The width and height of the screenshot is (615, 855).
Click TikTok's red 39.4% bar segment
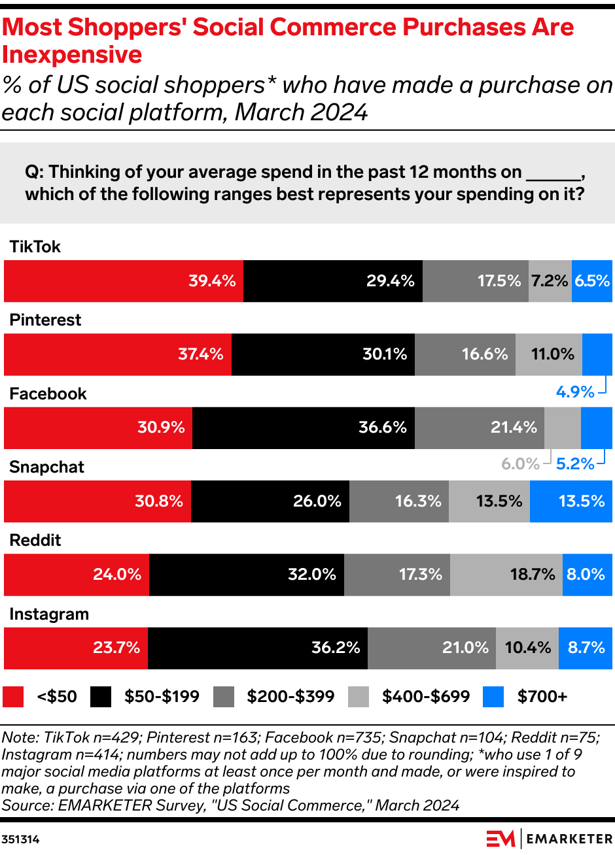[x=124, y=281]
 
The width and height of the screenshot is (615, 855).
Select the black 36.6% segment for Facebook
[x=304, y=428]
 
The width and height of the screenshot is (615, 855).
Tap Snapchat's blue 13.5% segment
[x=571, y=501]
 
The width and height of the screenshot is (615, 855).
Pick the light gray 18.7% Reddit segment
[x=506, y=575]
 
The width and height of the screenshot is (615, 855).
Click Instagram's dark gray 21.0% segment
[x=431, y=648]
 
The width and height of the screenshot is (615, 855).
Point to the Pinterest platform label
[x=45, y=320]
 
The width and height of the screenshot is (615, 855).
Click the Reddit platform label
[x=35, y=540]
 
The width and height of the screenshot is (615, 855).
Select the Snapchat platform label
[x=46, y=467]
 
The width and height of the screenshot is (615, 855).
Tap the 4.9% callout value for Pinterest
[x=575, y=392]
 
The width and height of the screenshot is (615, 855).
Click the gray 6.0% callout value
[x=520, y=464]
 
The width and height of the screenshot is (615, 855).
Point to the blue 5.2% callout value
[x=575, y=464]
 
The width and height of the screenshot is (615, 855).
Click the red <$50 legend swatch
[x=13, y=697]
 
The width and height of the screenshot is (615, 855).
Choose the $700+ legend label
[x=542, y=697]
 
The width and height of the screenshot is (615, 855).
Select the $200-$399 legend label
[x=290, y=697]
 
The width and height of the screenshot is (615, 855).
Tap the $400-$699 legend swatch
[x=359, y=697]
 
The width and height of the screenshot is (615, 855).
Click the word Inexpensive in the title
[x=72, y=55]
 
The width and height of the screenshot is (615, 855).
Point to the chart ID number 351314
[x=20, y=839]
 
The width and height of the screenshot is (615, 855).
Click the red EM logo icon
[x=501, y=838]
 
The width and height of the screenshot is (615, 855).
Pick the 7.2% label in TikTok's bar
[x=549, y=281]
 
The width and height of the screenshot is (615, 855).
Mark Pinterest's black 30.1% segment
[x=323, y=354]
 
